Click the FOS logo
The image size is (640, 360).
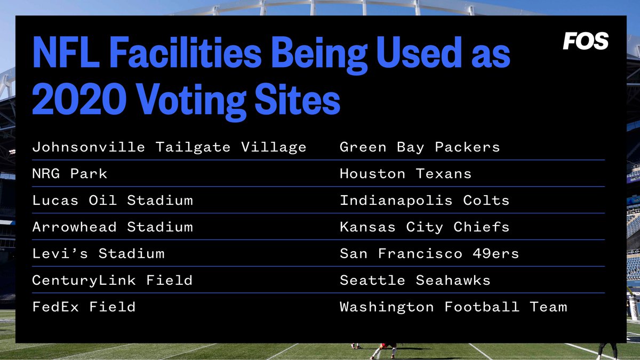(x=586, y=41)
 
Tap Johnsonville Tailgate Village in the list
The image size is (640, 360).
(x=169, y=147)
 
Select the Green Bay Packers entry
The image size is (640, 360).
(x=420, y=147)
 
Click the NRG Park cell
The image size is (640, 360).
(x=70, y=174)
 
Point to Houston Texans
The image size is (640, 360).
(x=405, y=174)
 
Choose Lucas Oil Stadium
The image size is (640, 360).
(x=113, y=201)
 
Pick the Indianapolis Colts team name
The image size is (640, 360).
(x=425, y=201)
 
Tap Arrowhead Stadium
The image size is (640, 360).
(x=113, y=227)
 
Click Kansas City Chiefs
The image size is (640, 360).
(x=425, y=227)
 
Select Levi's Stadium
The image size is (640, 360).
(x=98, y=254)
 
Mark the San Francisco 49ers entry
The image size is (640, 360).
(x=429, y=254)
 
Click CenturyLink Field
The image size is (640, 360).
(x=113, y=281)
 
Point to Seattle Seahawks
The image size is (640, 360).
(x=415, y=281)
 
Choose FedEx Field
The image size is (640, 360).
(x=84, y=307)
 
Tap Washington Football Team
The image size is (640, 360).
(x=453, y=307)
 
